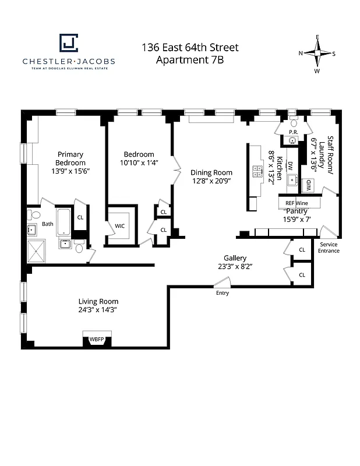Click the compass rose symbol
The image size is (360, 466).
pos(317,54)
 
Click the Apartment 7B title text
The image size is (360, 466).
pos(190,60)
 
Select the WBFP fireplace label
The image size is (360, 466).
pos(94,338)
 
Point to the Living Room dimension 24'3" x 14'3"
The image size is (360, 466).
pos(98,310)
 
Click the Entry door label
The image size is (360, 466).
pos(222,293)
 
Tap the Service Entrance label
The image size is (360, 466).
pos(329,248)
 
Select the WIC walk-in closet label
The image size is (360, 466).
pos(121,225)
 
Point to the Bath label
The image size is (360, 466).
pos(47,223)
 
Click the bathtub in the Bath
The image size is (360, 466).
pos(63,222)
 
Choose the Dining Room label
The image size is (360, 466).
pos(211,172)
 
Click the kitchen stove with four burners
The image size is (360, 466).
pos(257,171)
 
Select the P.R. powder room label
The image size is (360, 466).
pos(293,133)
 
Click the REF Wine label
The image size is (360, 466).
pos(296,203)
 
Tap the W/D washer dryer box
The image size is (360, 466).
pos(309,185)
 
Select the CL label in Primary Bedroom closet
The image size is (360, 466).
pos(80,217)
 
